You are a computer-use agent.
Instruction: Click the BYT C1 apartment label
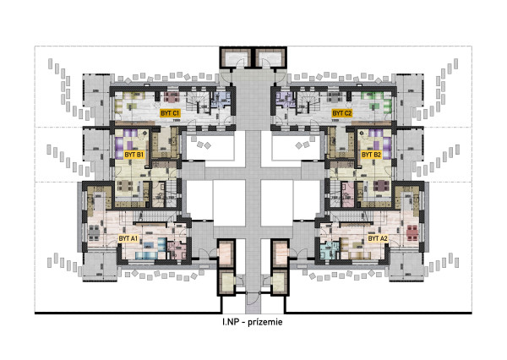pos(170,113)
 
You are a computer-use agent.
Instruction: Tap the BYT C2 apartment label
pos(342,113)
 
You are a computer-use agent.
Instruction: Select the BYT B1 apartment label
pos(134,155)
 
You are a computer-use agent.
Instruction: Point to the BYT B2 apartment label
pos(371,155)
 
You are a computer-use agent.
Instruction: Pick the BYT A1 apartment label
pos(128,239)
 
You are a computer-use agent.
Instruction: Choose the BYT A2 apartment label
pos(378,239)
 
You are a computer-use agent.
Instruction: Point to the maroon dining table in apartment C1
pos(171,96)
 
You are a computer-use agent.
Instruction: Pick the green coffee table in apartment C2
pos(375,106)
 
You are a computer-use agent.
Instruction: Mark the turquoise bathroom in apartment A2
pos(330,250)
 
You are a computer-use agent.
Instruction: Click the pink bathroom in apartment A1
pos(177,250)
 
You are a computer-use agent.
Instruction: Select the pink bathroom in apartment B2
pos(348,194)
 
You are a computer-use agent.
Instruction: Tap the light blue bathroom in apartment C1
pos(221,100)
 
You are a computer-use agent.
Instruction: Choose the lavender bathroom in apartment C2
pos(284,100)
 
